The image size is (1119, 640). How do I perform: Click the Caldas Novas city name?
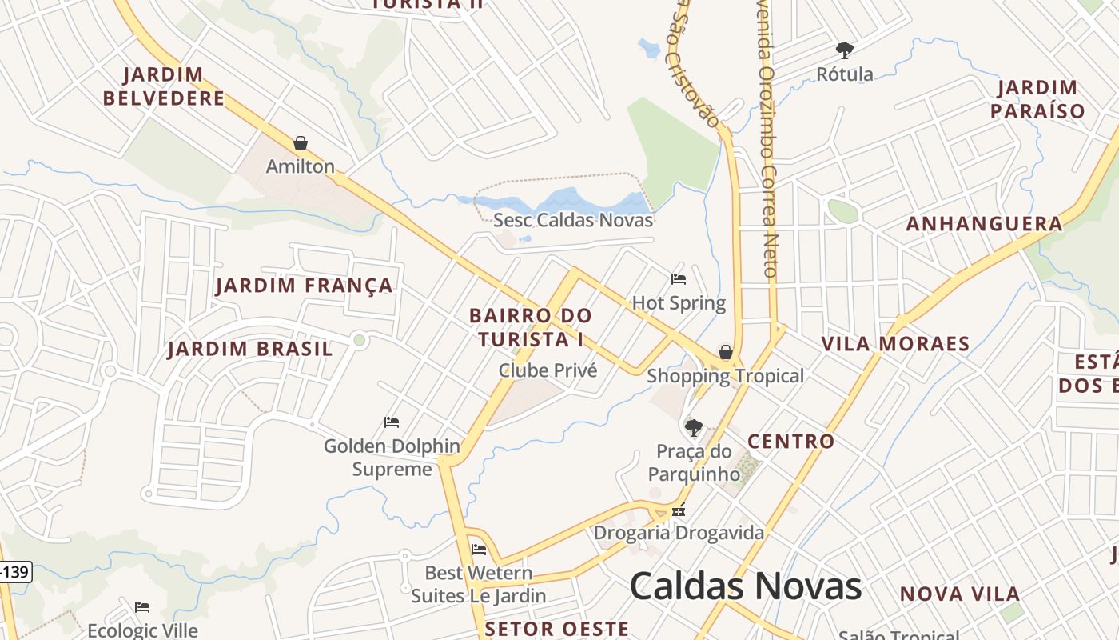745,586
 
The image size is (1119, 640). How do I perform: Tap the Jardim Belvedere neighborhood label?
164,87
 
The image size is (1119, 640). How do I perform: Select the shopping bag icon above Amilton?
301,143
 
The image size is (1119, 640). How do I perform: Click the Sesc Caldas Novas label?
573,220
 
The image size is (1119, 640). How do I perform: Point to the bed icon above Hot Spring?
679,278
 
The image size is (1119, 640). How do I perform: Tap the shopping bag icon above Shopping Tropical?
725,352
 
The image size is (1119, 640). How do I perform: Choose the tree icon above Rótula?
844,50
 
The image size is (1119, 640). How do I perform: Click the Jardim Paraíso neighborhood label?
1037,99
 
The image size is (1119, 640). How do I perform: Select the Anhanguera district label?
984,224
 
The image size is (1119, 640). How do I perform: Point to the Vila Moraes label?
895,345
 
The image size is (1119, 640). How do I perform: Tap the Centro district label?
790,442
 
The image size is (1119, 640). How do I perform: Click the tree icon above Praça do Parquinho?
693,427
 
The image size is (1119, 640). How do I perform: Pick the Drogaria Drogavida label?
679,533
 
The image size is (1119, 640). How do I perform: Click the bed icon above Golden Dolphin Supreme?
391,422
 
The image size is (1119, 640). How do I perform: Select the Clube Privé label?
548,370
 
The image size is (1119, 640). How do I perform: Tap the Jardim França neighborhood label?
304,286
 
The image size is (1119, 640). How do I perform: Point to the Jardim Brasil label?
249,350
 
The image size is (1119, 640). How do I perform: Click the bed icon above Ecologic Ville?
142,606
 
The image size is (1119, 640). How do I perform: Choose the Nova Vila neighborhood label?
959,594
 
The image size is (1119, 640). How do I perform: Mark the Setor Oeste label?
556,629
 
